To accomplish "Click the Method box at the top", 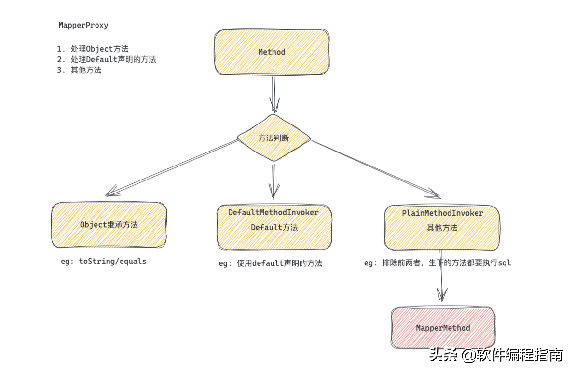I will (272, 52).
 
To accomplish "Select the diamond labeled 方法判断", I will (273, 138).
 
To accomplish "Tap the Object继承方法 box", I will (109, 225).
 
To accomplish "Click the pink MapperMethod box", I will (443, 328).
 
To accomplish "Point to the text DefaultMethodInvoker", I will (273, 212).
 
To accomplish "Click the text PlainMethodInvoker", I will (442, 213).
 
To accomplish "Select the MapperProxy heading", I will (83, 25).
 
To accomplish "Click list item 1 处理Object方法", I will (93, 49).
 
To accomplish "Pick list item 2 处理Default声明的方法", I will (106, 59).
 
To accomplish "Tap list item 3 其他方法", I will (79, 70).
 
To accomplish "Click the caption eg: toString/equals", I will (103, 261).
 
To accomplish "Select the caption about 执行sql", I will (437, 263).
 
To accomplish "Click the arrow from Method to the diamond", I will (273, 94).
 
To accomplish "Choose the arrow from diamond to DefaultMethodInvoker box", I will (273, 181).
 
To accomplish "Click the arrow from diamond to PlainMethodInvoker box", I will (376, 169).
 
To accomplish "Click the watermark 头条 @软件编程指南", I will (496, 356).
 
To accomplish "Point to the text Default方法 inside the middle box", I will (274, 227).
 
